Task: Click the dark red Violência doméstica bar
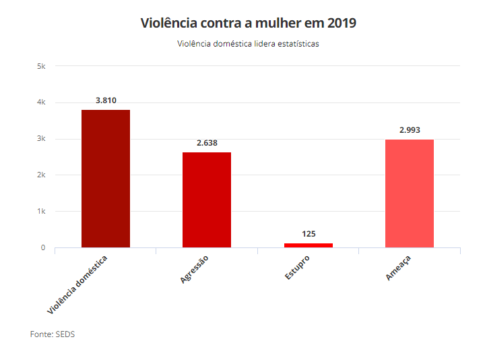[106, 179]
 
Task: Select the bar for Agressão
[207, 200]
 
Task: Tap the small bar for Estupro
[308, 245]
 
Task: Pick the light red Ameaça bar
[409, 193]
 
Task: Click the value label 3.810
[106, 100]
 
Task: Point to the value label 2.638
[207, 143]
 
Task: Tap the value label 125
[309, 234]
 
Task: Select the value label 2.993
[410, 130]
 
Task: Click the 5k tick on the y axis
[41, 66]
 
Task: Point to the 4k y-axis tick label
[41, 102]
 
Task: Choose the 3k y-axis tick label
[41, 139]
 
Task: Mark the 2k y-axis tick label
[41, 175]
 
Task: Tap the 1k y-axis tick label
[41, 212]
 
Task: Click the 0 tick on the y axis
[42, 248]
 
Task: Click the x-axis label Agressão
[195, 268]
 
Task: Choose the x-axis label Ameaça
[398, 268]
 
